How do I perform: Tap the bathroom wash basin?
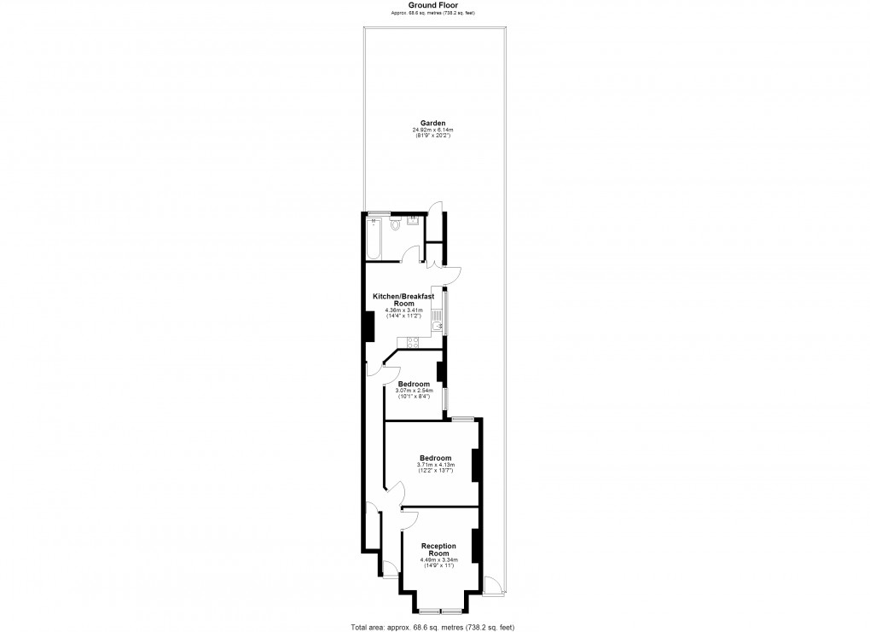click(413, 220)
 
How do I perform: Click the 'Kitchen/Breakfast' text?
click(403, 296)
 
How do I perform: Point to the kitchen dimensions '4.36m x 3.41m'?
click(403, 310)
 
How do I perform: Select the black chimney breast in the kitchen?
click(370, 326)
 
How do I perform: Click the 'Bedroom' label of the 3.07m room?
click(414, 384)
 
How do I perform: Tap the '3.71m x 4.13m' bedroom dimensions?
click(435, 464)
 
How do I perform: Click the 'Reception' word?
click(439, 546)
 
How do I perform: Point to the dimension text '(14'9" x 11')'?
click(439, 566)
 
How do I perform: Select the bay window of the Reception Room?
click(440, 611)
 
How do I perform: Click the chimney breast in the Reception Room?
click(476, 547)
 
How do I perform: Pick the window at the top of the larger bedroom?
click(463, 419)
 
